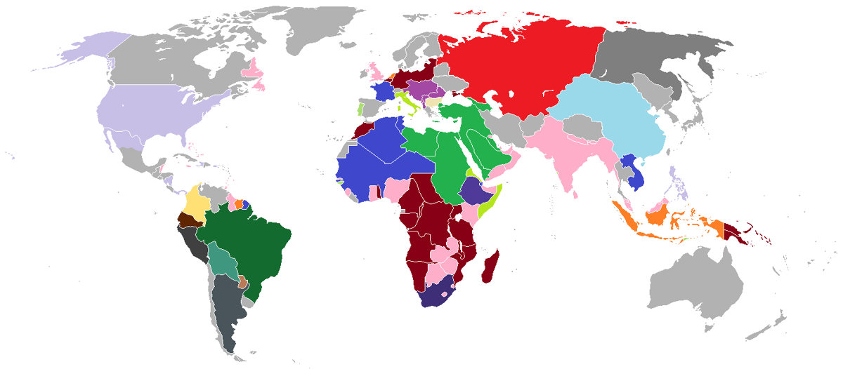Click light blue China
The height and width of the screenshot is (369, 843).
pyautogui.click(x=611, y=119)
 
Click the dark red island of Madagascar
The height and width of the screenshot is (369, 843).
pyautogui.click(x=491, y=266)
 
